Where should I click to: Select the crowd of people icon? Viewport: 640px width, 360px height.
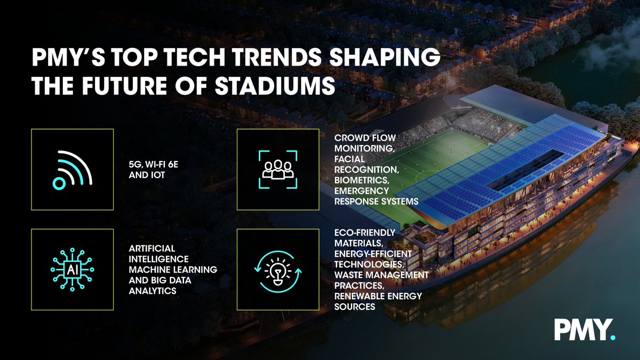coord(278,169)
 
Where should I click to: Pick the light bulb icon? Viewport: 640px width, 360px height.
coord(278,270)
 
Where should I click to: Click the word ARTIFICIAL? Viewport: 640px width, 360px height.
coord(151,250)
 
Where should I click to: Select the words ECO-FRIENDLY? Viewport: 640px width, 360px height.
coord(365,233)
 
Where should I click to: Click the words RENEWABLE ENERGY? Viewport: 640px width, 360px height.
coord(378,296)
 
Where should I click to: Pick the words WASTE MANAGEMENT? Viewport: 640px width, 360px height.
coord(381,275)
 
